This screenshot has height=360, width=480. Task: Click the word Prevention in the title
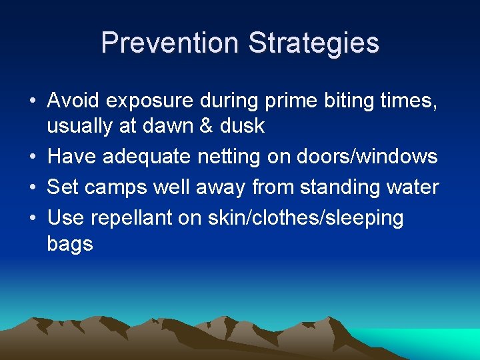171,43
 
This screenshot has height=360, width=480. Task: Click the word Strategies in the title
313,43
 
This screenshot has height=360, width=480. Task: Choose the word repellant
127,218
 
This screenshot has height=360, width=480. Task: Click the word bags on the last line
70,244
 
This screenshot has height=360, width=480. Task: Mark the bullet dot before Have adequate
32,157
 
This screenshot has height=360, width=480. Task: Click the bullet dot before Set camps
32,188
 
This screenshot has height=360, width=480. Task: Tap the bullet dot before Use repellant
32,219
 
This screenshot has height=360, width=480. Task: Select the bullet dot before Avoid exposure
32,101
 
